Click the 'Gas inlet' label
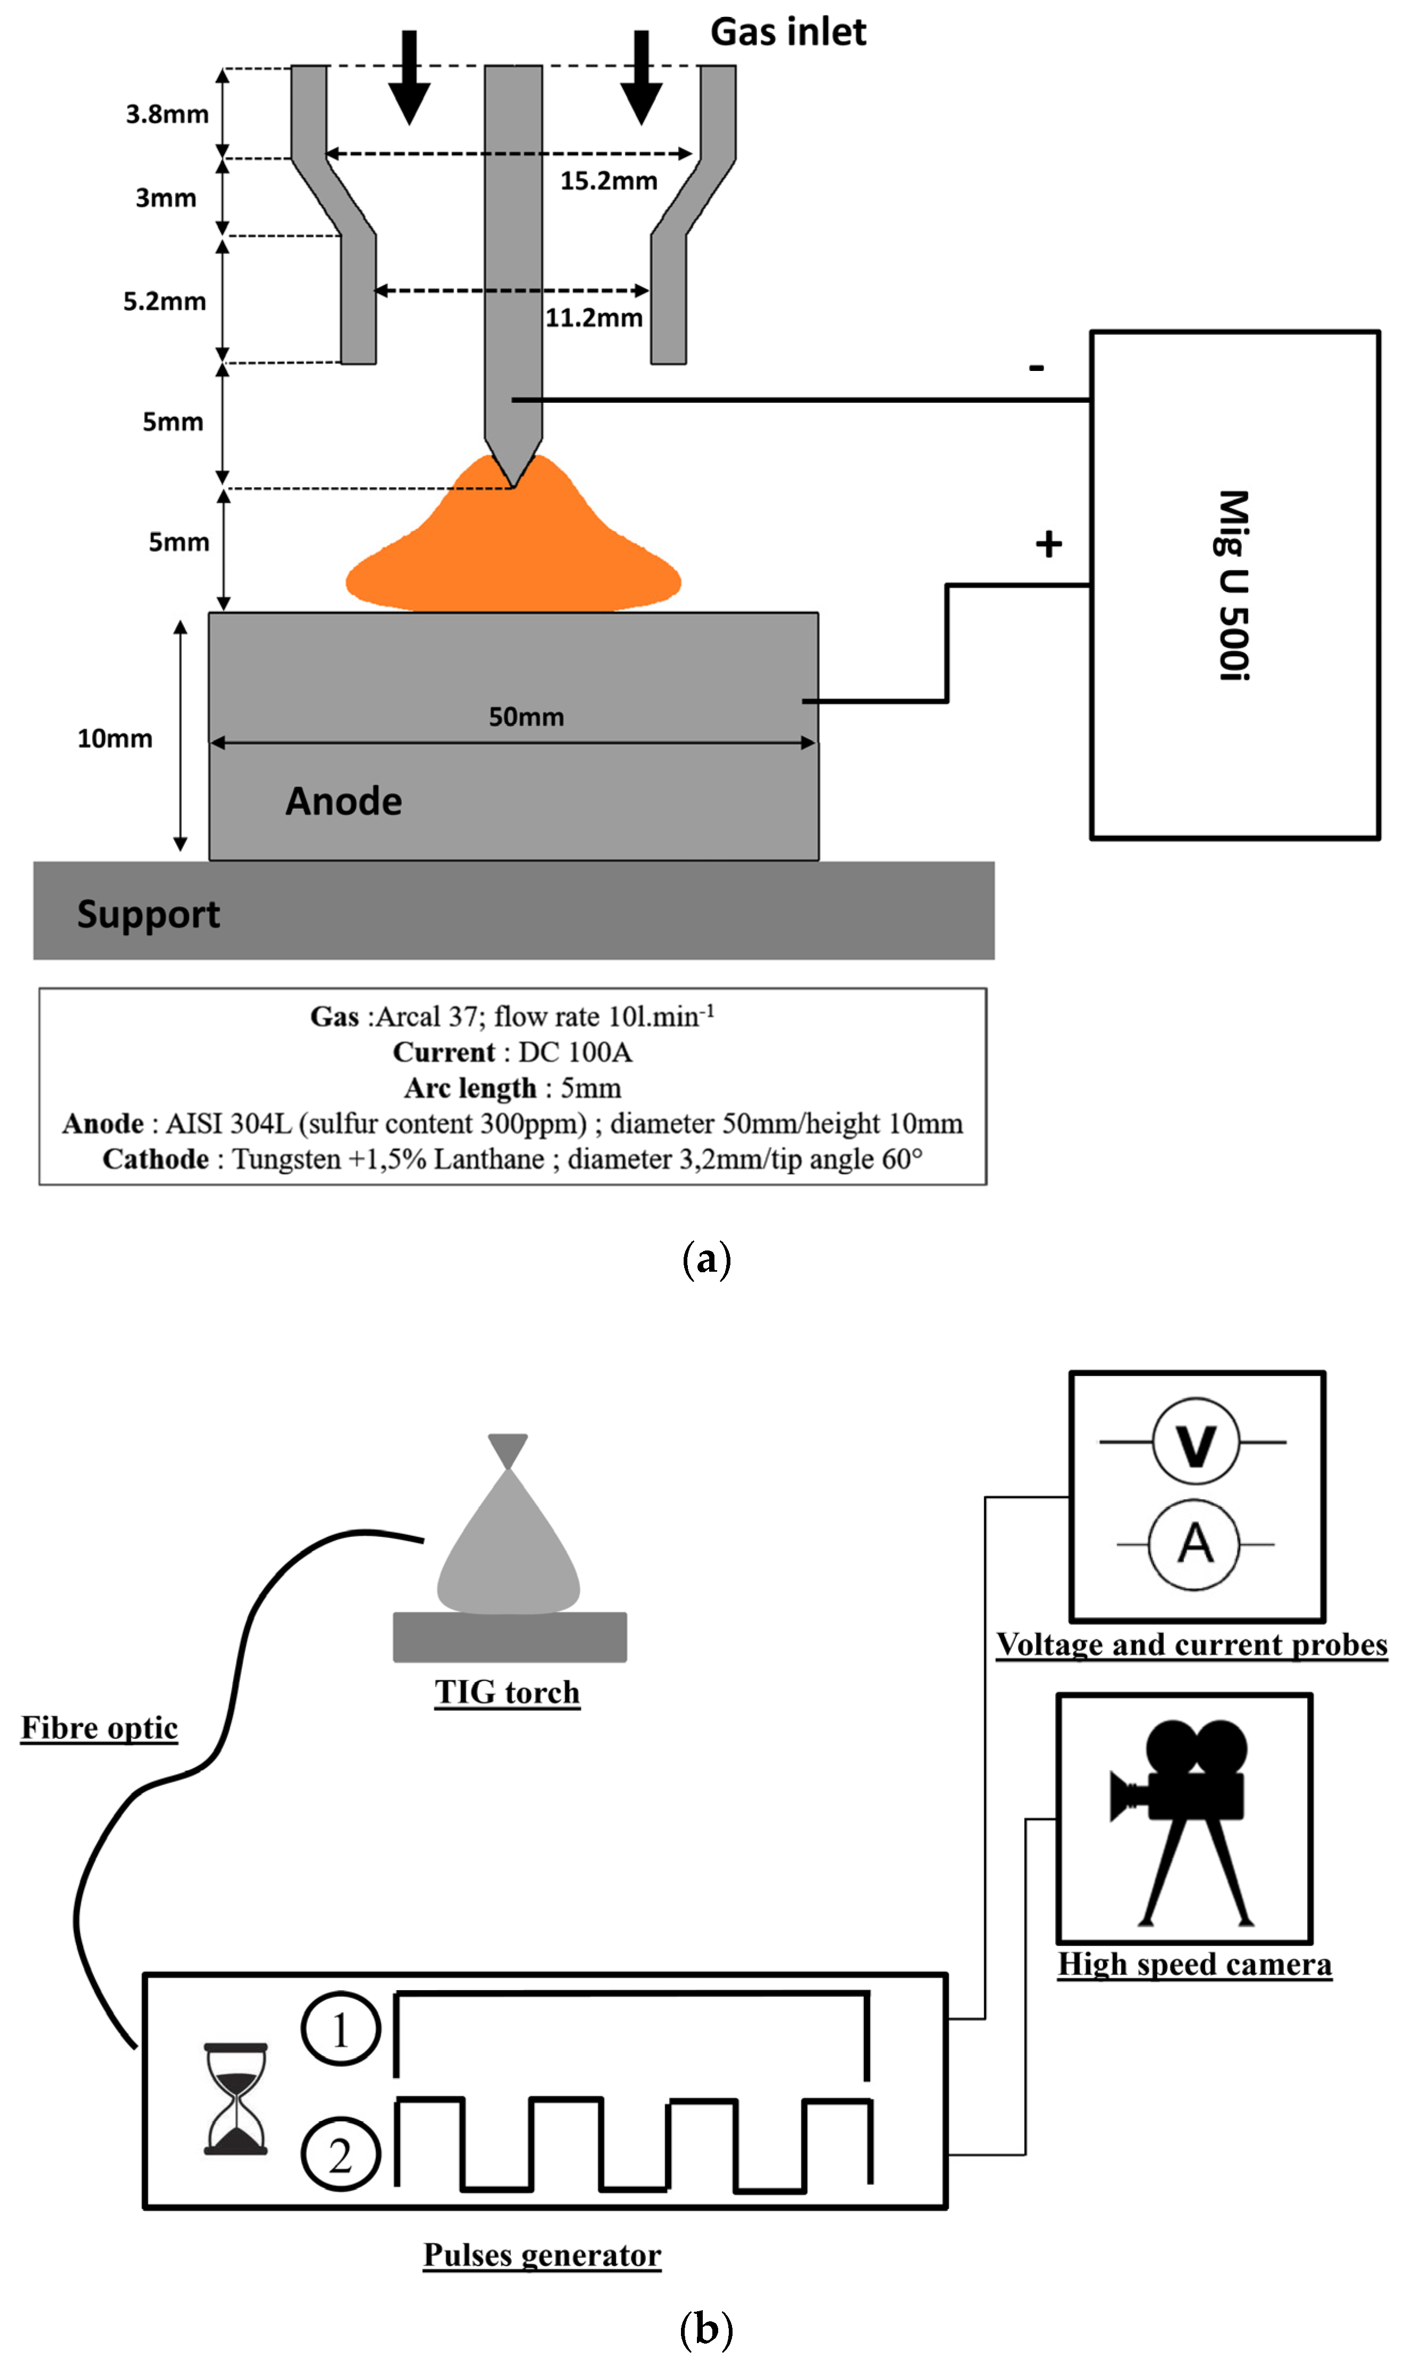pyautogui.click(x=788, y=32)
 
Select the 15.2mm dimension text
pyautogui.click(x=608, y=181)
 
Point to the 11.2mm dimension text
pyautogui.click(x=594, y=318)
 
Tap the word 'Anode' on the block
pyautogui.click(x=344, y=801)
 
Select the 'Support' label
pyautogui.click(x=149, y=914)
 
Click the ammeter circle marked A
pyautogui.click(x=1195, y=1544)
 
